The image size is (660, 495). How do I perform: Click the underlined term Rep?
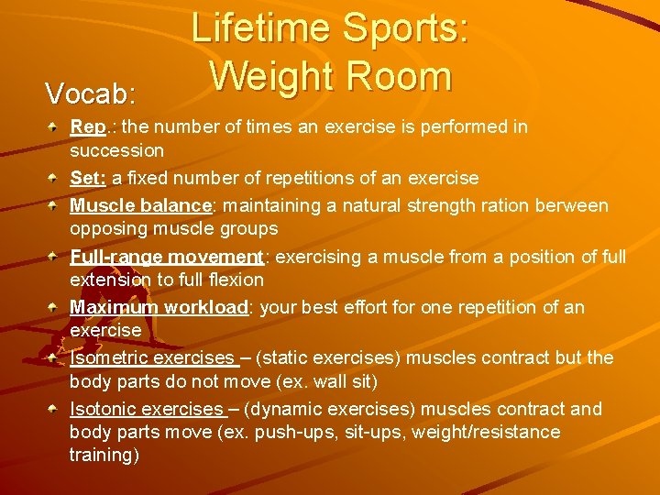point(87,127)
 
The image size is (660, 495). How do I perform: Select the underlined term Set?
point(88,178)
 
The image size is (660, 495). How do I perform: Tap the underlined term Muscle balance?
point(140,205)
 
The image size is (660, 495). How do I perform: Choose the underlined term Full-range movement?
point(166,257)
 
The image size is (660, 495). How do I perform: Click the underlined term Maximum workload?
point(159,307)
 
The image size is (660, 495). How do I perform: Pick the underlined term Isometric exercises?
point(152,357)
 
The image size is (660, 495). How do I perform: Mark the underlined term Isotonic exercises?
point(148,409)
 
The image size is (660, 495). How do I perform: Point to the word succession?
point(116,150)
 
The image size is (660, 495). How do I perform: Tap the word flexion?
point(234,280)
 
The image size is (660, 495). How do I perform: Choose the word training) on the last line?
point(104,455)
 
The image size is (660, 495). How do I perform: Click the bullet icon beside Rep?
point(56,126)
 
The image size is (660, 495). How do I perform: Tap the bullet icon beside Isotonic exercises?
point(56,408)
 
